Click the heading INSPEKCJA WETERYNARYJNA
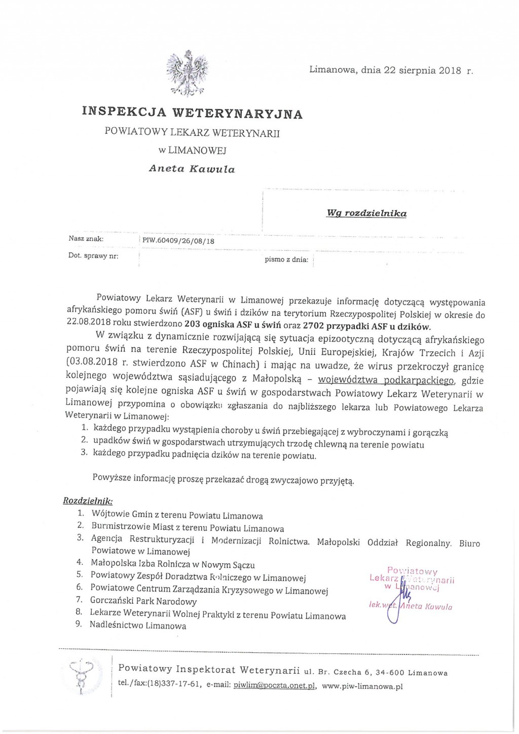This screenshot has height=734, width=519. [192, 113]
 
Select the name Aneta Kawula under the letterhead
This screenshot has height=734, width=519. [192, 169]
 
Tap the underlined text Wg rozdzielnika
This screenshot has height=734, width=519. [366, 213]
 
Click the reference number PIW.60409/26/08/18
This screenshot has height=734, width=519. [178, 241]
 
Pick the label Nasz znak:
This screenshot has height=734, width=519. [86, 238]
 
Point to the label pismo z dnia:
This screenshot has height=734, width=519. [286, 260]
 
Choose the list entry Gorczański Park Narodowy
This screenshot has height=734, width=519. [143, 601]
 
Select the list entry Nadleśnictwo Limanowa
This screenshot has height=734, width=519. [138, 626]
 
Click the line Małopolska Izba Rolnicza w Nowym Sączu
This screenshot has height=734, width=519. [173, 564]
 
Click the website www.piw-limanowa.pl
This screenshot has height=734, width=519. [362, 686]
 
